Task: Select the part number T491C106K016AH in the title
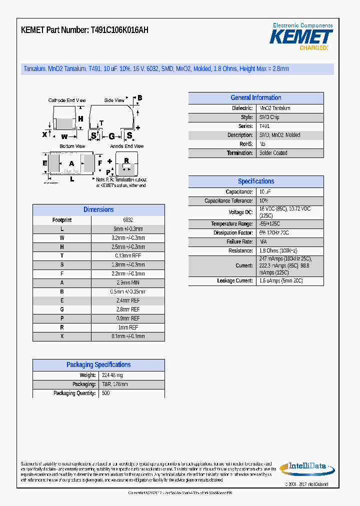119,30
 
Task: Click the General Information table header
255,98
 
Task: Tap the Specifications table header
255,181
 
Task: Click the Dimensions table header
98,210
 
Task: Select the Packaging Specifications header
98,365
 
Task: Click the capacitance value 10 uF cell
265,192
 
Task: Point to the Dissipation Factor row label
233,233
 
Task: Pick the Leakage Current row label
235,281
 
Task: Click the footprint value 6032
128,220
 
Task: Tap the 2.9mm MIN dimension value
128,283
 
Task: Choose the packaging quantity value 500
105,393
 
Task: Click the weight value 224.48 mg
112,375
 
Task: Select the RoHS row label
246,144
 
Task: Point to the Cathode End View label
67,100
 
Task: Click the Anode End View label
127,146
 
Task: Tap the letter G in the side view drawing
111,136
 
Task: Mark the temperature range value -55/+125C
270,224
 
